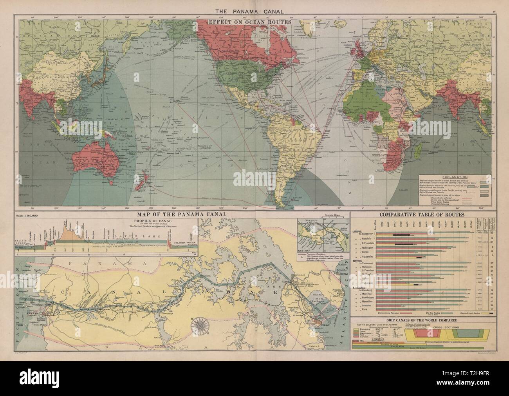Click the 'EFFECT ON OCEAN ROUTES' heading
252,22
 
